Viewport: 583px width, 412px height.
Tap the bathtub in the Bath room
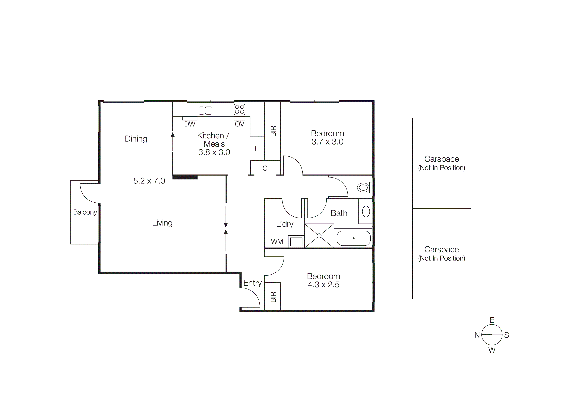click(x=353, y=238)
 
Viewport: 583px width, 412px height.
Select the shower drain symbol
click(x=319, y=236)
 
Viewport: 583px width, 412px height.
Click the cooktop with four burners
click(x=239, y=109)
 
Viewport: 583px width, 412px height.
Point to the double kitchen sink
click(x=205, y=110)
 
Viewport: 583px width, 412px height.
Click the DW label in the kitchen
click(x=190, y=124)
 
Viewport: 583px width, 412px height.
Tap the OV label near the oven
click(x=239, y=124)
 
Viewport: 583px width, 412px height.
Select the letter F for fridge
click(x=257, y=148)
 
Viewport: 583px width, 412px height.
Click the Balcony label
click(x=85, y=212)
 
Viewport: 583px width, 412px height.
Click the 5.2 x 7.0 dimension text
click(x=149, y=181)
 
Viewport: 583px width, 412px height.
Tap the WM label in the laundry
click(x=277, y=242)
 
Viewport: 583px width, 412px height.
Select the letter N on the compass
click(x=477, y=335)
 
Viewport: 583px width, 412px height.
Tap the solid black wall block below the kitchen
click(x=185, y=177)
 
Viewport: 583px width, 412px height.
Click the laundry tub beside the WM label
click(x=296, y=242)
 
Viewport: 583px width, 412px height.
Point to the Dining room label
click(x=136, y=139)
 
